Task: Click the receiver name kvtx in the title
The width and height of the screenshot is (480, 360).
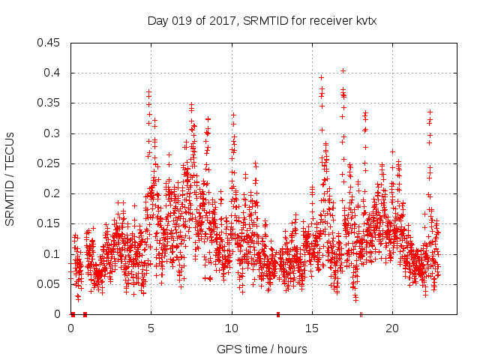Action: pyautogui.click(x=364, y=21)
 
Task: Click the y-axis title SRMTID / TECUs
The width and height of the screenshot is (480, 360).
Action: pyautogui.click(x=10, y=178)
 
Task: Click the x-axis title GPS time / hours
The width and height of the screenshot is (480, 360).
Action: pyautogui.click(x=262, y=349)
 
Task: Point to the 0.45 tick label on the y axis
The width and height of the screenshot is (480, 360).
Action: pyautogui.click(x=50, y=43)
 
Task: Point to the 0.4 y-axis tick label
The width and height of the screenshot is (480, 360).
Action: pyautogui.click(x=53, y=73)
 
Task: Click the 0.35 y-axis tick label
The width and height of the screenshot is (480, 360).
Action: pyautogui.click(x=50, y=103)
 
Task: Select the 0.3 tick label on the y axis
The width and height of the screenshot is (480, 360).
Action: pyautogui.click(x=53, y=133)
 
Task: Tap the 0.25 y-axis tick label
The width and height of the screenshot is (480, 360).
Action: pyautogui.click(x=50, y=163)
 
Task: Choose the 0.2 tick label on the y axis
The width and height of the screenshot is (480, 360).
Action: pyautogui.click(x=53, y=193)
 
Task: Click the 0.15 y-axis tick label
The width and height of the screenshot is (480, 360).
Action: pyautogui.click(x=50, y=223)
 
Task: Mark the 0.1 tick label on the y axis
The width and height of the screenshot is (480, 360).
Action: pyautogui.click(x=53, y=253)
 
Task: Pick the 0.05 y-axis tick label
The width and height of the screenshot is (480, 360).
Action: pyautogui.click(x=50, y=284)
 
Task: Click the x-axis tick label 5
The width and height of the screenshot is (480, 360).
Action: pyautogui.click(x=151, y=328)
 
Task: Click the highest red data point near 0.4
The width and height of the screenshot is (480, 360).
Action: pyautogui.click(x=343, y=70)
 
